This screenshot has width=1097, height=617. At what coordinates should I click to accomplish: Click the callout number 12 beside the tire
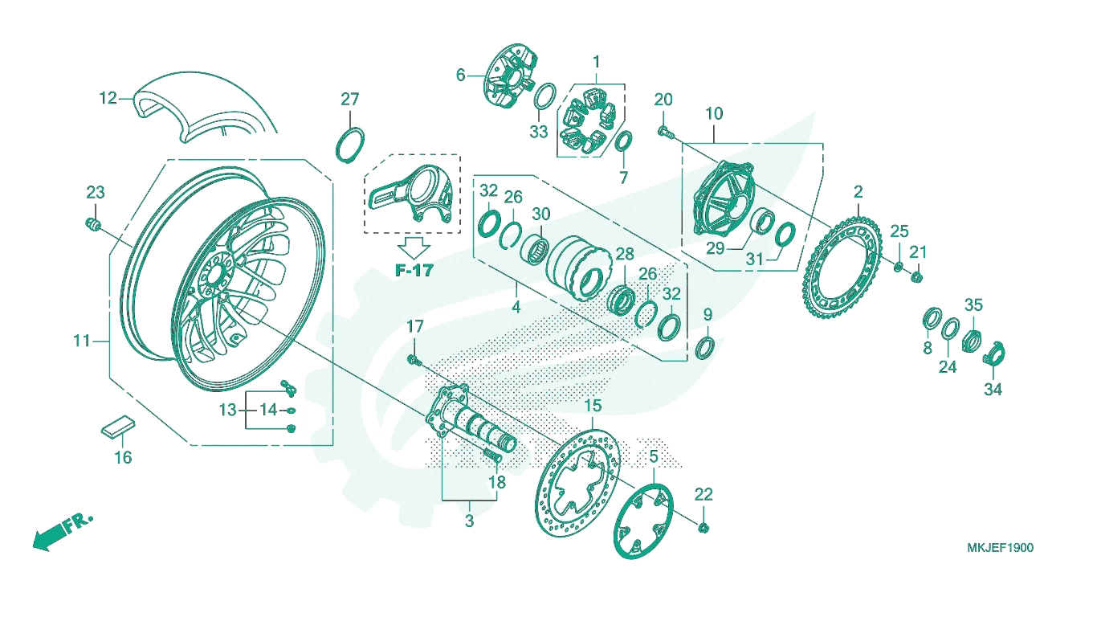108,99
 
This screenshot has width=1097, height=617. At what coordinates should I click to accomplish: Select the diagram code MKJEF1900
1000,548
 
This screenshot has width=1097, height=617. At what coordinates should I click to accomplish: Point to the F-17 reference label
414,270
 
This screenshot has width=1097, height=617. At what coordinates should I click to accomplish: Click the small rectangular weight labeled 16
118,427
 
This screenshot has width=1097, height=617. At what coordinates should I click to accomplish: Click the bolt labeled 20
666,131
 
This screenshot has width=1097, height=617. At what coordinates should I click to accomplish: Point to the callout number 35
973,305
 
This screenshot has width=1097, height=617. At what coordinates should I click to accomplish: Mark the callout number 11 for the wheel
82,340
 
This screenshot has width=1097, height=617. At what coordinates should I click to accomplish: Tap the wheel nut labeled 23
93,224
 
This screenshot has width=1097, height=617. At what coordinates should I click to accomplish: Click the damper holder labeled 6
509,79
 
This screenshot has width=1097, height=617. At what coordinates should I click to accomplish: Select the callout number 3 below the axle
469,521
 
